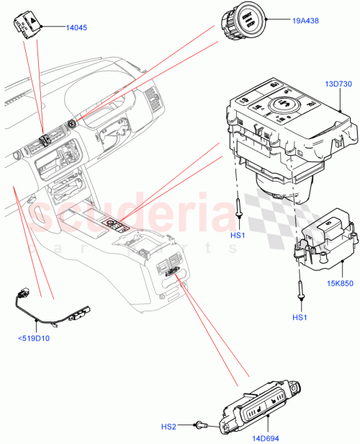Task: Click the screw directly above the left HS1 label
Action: (238, 209)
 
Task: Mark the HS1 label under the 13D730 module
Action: (237, 236)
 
